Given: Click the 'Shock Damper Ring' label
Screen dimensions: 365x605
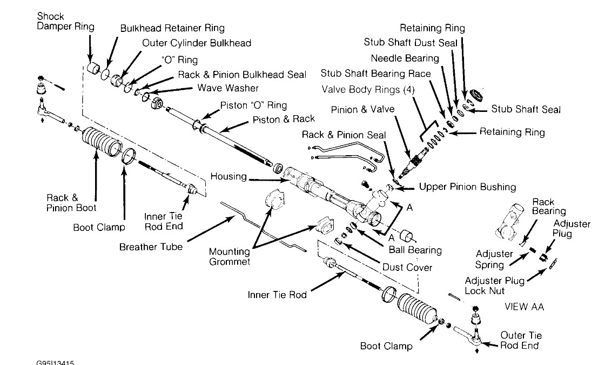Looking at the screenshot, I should click(x=65, y=22).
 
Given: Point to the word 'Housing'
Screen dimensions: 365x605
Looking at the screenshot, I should click(x=228, y=176).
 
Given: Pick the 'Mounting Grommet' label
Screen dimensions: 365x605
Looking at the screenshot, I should click(x=231, y=257).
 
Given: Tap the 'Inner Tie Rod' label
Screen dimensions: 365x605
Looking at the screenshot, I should click(x=277, y=295).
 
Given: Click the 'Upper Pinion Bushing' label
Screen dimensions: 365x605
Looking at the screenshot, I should click(x=467, y=187).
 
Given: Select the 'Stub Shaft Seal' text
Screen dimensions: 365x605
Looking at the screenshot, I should click(x=526, y=110).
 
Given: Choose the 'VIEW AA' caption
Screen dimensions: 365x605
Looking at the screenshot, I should click(x=524, y=307).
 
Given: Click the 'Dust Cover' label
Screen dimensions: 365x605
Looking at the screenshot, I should click(x=407, y=267).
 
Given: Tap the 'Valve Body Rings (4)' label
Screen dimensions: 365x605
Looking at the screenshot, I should click(x=368, y=90).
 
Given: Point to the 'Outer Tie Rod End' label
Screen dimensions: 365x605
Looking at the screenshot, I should click(x=521, y=341).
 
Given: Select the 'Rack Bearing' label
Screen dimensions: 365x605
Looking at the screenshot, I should click(x=548, y=207).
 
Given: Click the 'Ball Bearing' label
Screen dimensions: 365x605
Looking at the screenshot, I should click(x=415, y=250).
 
